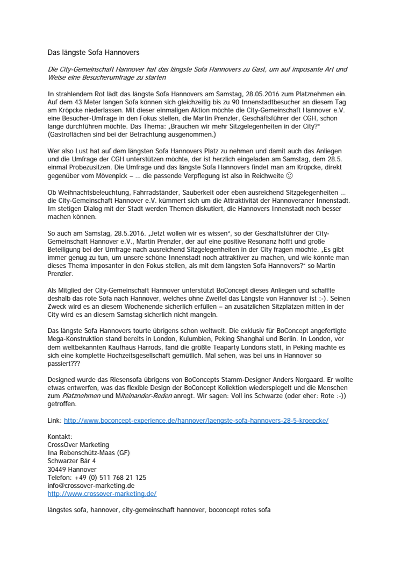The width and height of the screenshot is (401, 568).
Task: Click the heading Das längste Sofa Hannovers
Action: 94,53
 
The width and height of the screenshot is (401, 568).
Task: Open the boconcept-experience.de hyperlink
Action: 196,420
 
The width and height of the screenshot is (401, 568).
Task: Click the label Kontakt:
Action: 60,437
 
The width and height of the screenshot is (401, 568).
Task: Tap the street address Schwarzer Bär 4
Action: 71,461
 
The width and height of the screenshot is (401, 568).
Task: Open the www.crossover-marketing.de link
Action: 102,493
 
